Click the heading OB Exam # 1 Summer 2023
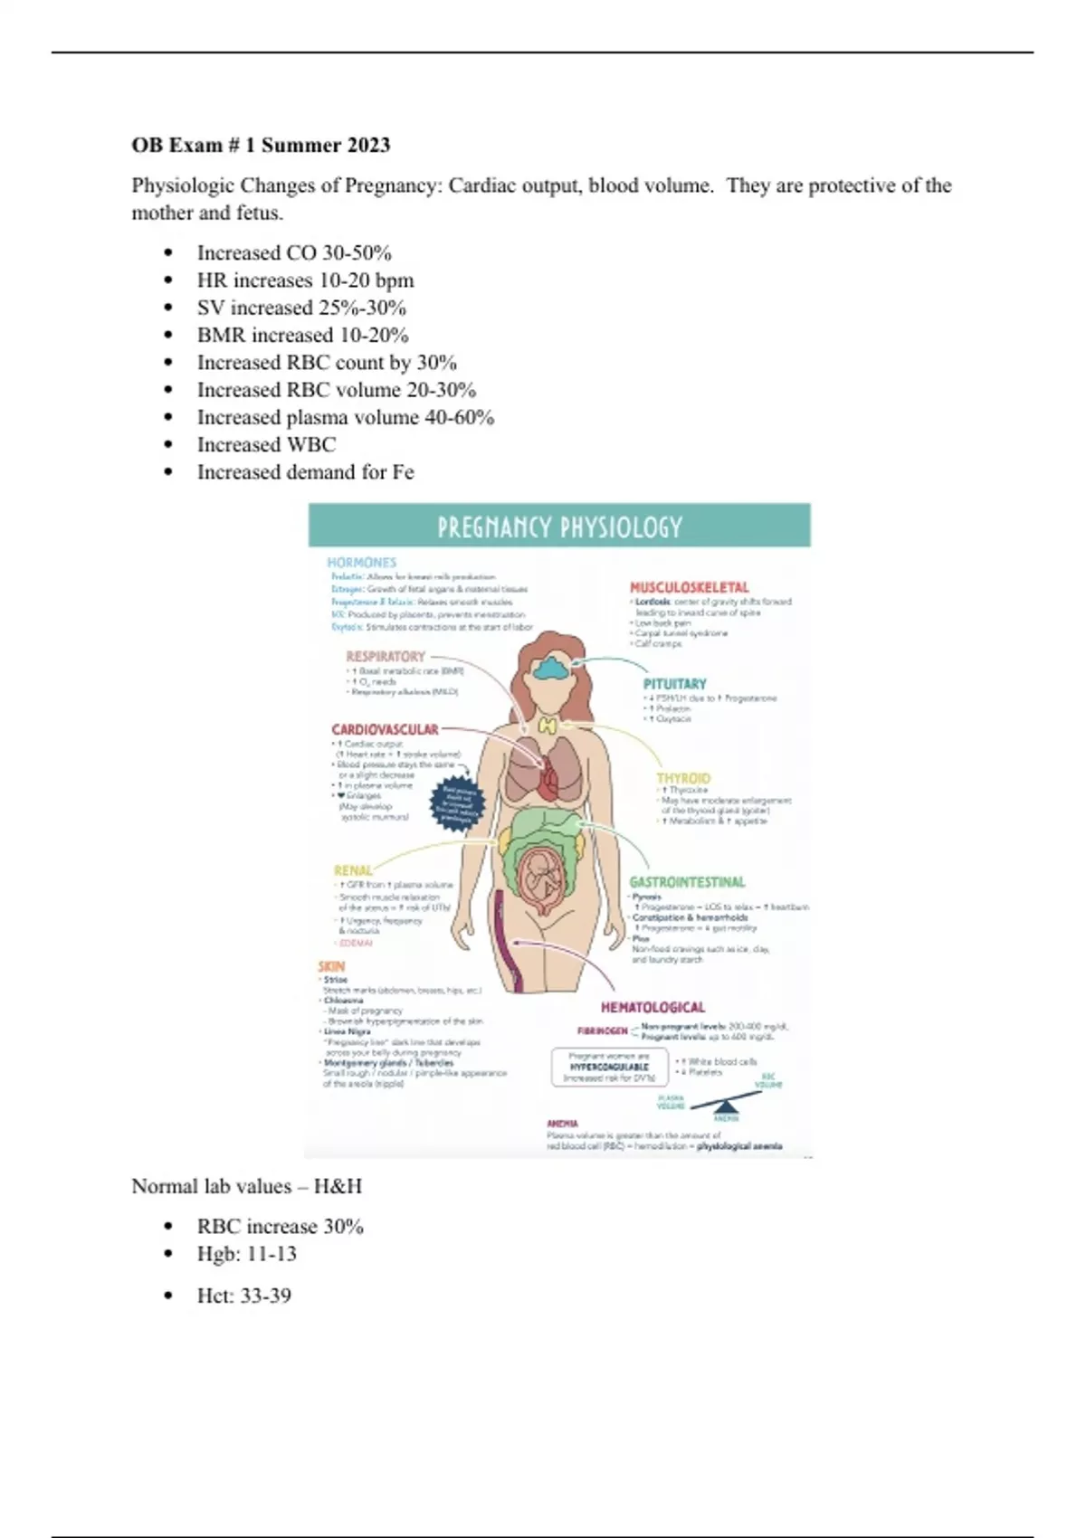click(261, 146)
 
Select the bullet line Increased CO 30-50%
click(294, 253)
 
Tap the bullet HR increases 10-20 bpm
click(305, 280)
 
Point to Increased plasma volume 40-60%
click(346, 418)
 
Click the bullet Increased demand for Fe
click(305, 472)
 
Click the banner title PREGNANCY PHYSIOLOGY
click(559, 527)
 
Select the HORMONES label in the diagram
click(362, 563)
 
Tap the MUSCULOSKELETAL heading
click(690, 587)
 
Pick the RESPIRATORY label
click(386, 657)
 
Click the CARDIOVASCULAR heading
click(385, 729)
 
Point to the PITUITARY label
click(675, 684)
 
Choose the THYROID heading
click(683, 778)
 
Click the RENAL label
click(353, 870)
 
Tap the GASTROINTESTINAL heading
click(688, 882)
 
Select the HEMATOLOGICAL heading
click(653, 1007)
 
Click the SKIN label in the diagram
click(331, 966)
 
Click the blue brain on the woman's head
click(551, 669)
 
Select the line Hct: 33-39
click(243, 1296)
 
